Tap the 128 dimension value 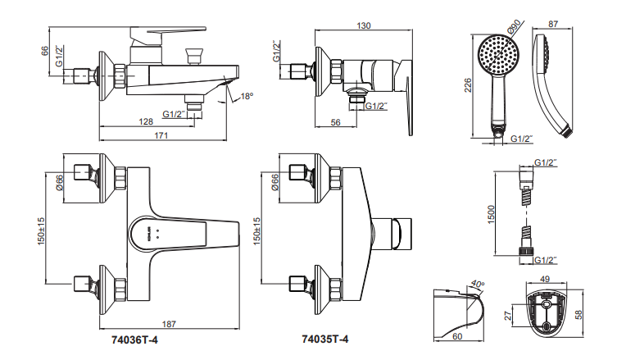(x=145, y=121)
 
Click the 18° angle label (x=247, y=97)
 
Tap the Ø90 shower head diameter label (x=514, y=27)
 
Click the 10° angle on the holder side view (x=479, y=284)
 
